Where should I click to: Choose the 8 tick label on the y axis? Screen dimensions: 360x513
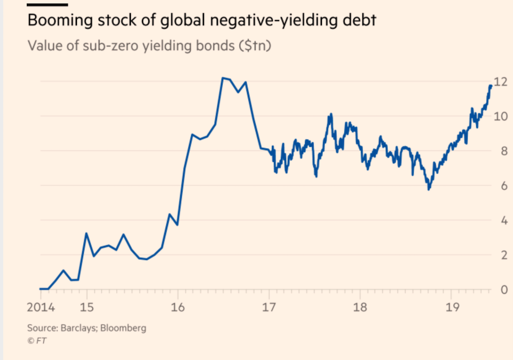tap(502, 151)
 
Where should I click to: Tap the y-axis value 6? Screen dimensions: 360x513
tap(502, 186)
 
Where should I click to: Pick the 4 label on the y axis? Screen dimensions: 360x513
tap(502, 221)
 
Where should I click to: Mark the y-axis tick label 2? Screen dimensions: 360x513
tap(502, 255)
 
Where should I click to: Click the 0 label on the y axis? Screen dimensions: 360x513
tap(502, 290)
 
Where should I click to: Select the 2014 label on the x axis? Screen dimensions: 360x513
tap(41, 309)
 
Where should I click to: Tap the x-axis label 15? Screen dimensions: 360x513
tap(86, 309)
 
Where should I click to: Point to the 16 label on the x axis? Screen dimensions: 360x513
tap(178, 309)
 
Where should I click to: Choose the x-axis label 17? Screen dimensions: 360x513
tap(269, 309)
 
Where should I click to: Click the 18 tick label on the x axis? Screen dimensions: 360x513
tap(360, 309)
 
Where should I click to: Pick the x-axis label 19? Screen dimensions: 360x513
tap(451, 309)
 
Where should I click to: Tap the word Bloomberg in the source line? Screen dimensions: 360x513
tap(124, 328)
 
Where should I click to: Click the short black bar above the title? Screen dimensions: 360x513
tap(47, 4)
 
